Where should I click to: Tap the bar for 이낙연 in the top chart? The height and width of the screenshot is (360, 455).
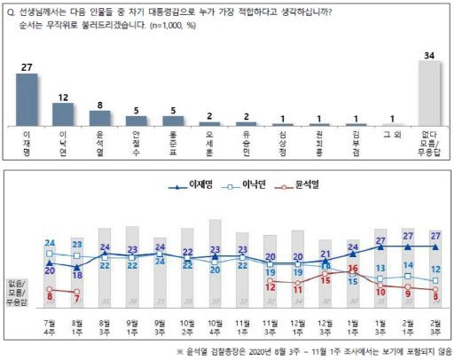coord(64,115)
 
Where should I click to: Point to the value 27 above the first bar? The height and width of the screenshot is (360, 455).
coord(27,66)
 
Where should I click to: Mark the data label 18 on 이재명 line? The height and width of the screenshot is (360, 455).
coord(77,275)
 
